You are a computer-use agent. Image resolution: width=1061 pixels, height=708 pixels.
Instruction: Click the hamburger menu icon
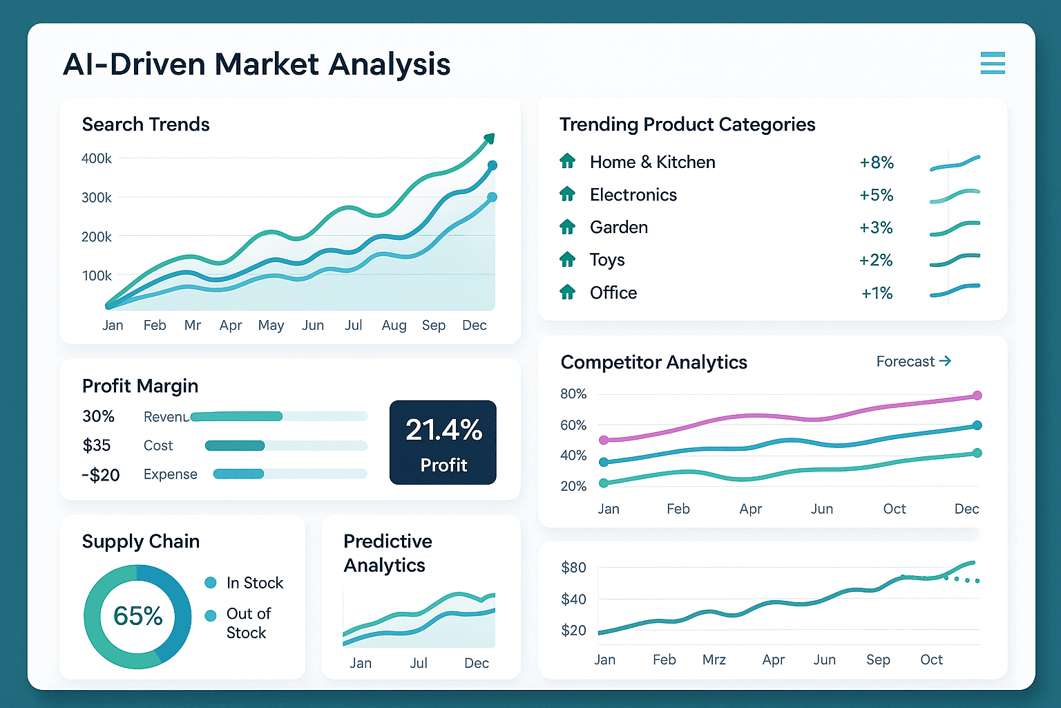pyautogui.click(x=993, y=63)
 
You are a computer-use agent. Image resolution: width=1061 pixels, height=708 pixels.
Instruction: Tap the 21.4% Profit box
pyautogui.click(x=443, y=442)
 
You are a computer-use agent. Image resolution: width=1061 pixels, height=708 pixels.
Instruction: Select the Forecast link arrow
pyautogui.click(x=946, y=361)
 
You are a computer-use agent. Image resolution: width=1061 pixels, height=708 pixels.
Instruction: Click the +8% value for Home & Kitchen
pyautogui.click(x=877, y=162)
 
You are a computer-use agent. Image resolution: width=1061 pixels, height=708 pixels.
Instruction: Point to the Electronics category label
pyautogui.click(x=633, y=195)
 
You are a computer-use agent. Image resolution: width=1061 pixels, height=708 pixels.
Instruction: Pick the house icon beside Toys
pyautogui.click(x=567, y=260)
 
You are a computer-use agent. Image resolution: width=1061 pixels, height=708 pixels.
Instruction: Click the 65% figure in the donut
pyautogui.click(x=138, y=616)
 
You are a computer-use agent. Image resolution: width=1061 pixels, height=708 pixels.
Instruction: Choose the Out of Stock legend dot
pyautogui.click(x=211, y=615)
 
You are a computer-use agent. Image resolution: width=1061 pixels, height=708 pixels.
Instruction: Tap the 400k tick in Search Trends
pyautogui.click(x=97, y=158)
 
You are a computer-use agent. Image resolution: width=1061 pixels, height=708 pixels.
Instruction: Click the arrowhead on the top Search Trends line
pyautogui.click(x=489, y=139)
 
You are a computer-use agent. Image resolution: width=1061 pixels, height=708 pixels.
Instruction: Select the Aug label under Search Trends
pyautogui.click(x=394, y=325)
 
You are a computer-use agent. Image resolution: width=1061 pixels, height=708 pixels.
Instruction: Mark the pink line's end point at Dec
pyautogui.click(x=977, y=395)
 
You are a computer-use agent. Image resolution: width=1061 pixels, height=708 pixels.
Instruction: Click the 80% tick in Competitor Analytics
pyautogui.click(x=573, y=394)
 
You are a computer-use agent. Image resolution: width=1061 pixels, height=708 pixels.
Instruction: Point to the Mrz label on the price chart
pyautogui.click(x=714, y=660)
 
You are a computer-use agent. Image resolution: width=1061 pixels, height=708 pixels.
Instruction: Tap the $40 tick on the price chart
pyautogui.click(x=573, y=599)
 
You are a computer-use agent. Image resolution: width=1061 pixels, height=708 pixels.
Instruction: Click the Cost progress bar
pyautogui.click(x=235, y=446)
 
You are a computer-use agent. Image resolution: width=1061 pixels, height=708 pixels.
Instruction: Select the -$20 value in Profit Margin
pyautogui.click(x=101, y=475)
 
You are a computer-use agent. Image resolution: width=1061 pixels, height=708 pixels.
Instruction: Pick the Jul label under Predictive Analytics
pyautogui.click(x=419, y=663)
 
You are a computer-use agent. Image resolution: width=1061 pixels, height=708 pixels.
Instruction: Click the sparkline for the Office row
pyautogui.click(x=955, y=290)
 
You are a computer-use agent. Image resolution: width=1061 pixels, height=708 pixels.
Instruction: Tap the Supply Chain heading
pyautogui.click(x=141, y=541)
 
